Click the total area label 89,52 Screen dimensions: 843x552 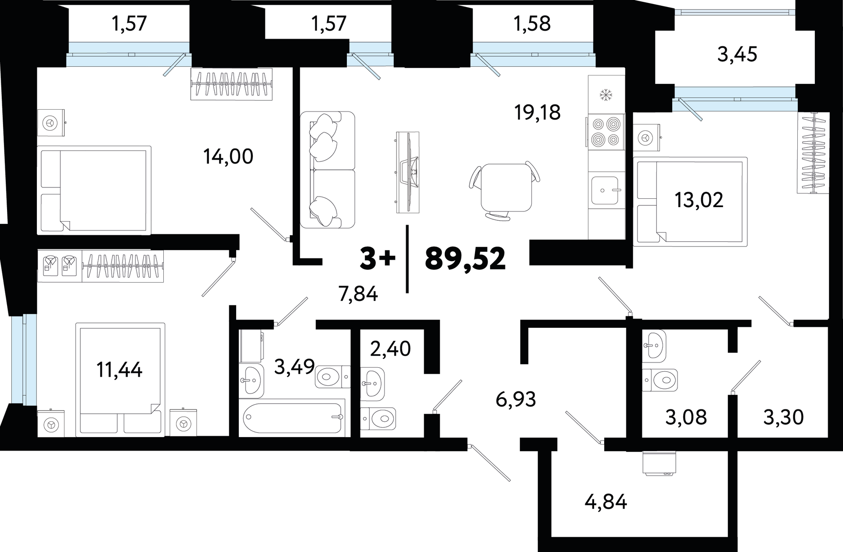tap(465, 259)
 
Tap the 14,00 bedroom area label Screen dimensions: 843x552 tap(228, 157)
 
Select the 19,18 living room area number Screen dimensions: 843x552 tap(537, 112)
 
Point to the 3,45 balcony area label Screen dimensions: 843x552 tap(737, 55)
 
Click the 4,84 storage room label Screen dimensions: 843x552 tap(606, 502)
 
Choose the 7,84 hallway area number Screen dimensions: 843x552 tap(358, 294)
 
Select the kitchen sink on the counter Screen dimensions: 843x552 tap(606, 190)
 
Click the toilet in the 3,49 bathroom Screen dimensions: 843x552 tap(333, 376)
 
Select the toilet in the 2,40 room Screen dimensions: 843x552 tap(378, 419)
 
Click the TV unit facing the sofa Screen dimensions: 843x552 tap(407, 172)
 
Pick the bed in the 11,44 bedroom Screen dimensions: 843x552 tap(120, 380)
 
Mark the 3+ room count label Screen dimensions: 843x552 tap(378, 259)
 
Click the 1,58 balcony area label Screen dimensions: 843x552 tap(532, 23)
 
